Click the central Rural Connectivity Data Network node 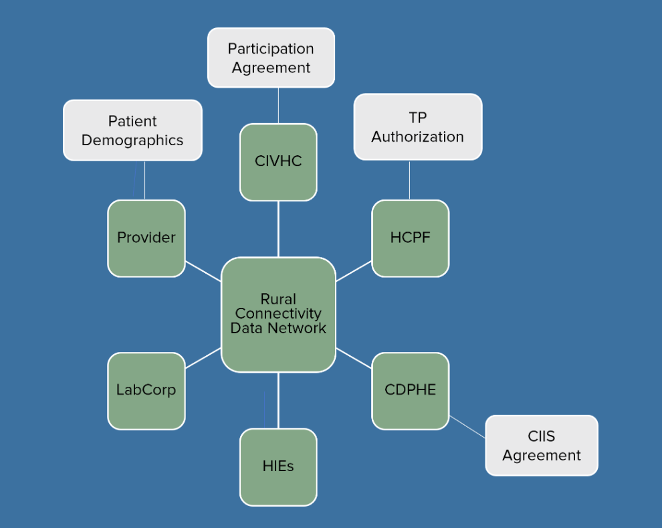(x=278, y=314)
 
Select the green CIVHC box (x=278, y=162)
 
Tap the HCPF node (x=410, y=238)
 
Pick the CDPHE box (x=410, y=390)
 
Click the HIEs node (x=278, y=466)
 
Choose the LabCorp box (x=146, y=390)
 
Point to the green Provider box (x=146, y=238)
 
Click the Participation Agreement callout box (x=271, y=58)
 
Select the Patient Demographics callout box (x=132, y=130)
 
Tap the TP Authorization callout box (x=417, y=126)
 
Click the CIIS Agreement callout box (x=542, y=445)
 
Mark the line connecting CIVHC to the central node (x=278, y=229)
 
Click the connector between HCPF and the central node (x=354, y=270)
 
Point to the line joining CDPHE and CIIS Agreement (x=467, y=427)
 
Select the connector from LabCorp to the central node (x=203, y=358)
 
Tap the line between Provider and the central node (x=203, y=270)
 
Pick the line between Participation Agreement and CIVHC (x=278, y=105)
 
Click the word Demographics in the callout (x=132, y=140)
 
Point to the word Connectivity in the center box (x=278, y=313)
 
